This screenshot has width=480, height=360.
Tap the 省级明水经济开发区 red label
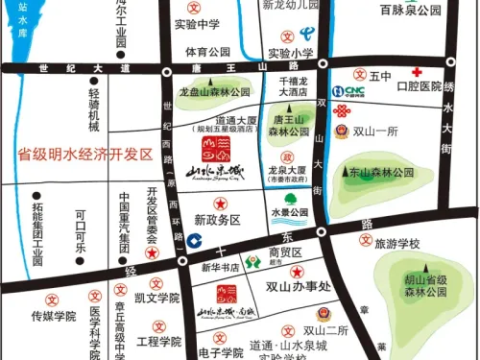(85, 154)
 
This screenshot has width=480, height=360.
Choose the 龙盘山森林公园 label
(212, 91)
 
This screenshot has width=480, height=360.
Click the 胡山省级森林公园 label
(423, 278)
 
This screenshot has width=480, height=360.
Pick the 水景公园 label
(288, 211)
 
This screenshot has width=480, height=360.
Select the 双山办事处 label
(298, 285)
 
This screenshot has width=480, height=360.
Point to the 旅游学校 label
(397, 244)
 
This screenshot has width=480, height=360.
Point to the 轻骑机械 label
(93, 111)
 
